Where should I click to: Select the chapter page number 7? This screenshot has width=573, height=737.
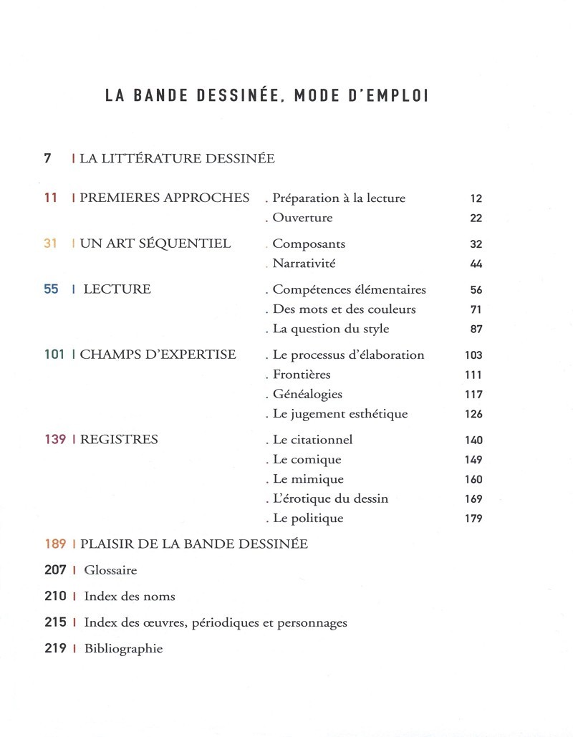coord(47,158)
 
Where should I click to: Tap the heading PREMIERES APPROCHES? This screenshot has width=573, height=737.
coord(165,198)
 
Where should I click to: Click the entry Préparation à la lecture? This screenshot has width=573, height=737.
coord(339,198)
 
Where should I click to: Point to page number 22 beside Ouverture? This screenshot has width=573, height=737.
coord(476,218)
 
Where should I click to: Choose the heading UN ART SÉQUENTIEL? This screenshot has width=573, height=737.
coord(155,244)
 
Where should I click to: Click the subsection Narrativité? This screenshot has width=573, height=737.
coord(304,264)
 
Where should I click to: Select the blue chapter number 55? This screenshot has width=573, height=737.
coord(51,289)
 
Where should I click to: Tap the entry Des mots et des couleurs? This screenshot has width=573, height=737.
coord(344,309)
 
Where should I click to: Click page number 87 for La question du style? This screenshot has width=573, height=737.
coord(476,329)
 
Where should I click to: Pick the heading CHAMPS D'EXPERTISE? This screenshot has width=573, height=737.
coord(158,355)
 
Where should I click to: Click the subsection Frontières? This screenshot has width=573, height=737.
coord(302,375)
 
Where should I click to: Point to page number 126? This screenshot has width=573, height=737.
coord(473,414)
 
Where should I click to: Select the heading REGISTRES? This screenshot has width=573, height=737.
coord(119,439)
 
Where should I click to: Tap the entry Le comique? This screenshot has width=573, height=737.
coord(307,460)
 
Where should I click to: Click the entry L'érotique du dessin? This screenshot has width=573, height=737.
coord(330,498)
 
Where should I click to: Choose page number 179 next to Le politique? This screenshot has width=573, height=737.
coord(473,519)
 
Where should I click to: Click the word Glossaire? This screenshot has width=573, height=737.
coord(110,570)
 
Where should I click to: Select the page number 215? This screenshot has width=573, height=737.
coord(55,622)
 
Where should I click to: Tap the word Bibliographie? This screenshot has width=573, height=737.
coord(123,649)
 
